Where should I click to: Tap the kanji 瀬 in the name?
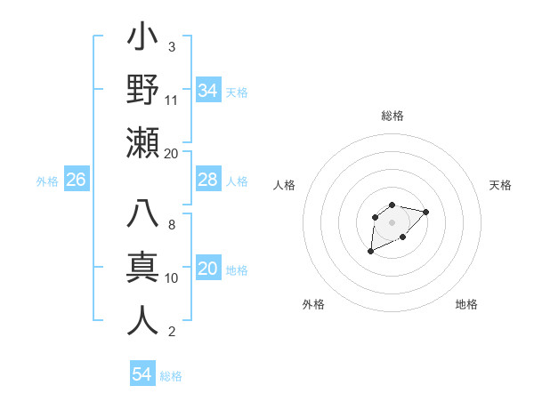142,142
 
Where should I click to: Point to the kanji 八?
142,215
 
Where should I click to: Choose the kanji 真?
142,268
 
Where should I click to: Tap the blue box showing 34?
207,91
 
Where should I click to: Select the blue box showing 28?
207,180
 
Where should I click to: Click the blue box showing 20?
207,269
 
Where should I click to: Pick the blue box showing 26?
76,180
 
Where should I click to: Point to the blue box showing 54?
142,374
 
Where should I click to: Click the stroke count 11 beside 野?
172,100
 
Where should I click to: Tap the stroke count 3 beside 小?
171,46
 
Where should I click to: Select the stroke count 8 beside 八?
171,225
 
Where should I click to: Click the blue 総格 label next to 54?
171,376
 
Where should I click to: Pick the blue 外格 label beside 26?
47,181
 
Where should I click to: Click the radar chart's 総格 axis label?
392,116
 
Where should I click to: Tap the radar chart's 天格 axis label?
500,185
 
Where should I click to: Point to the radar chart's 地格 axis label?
466,304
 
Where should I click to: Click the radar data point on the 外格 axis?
370,252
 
